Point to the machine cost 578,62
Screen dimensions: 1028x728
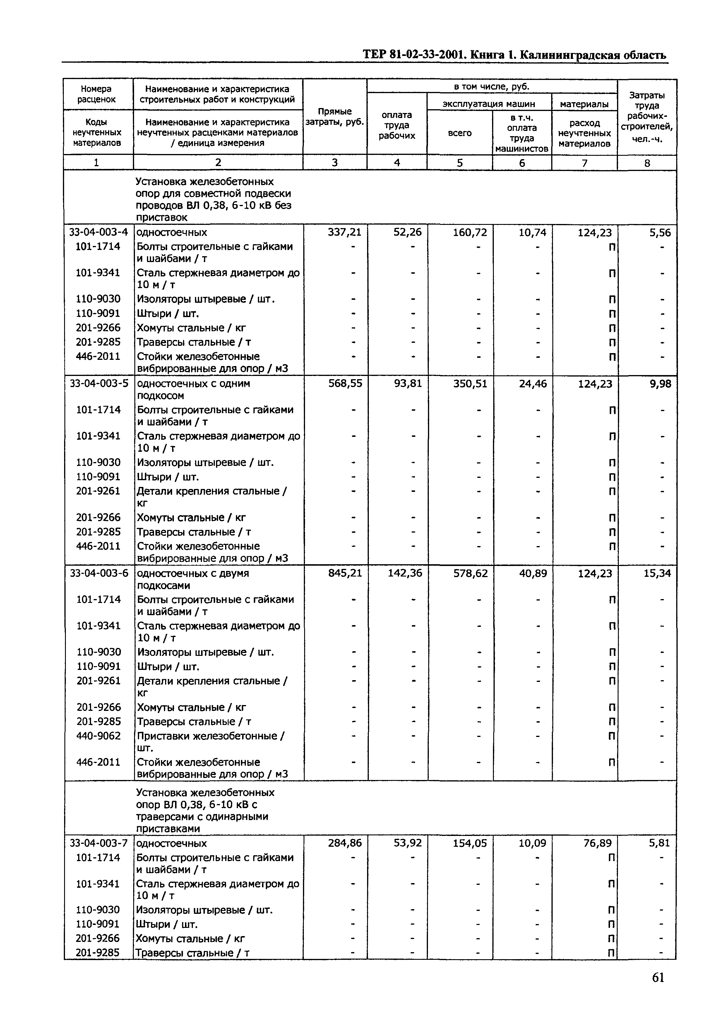(470, 573)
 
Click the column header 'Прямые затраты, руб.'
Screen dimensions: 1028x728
(334, 117)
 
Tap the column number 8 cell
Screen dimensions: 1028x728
(647, 163)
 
